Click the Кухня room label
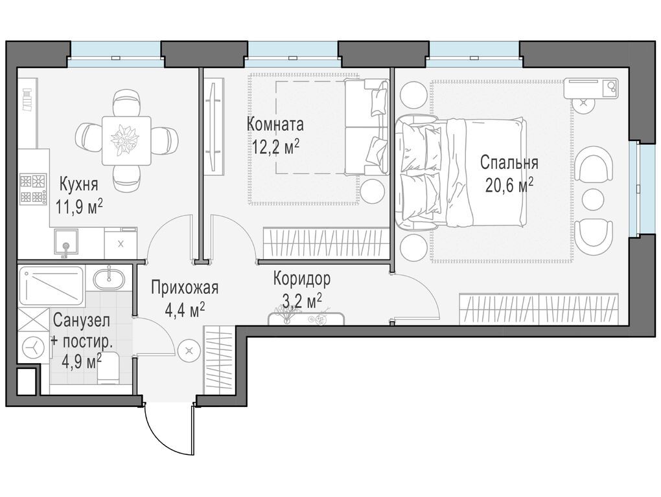(78, 184)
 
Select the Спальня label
(509, 163)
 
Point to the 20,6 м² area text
(509, 184)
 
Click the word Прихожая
(185, 288)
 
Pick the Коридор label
(302, 278)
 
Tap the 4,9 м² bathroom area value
(82, 362)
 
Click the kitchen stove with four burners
(33, 190)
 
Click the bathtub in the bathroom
(51, 286)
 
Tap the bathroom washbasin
(108, 278)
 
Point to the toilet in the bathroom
(109, 369)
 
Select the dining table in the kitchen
(126, 141)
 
